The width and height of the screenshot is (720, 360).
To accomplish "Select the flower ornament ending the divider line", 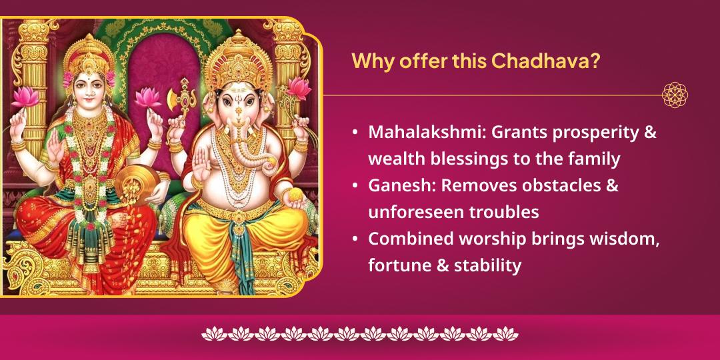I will pos(674,95).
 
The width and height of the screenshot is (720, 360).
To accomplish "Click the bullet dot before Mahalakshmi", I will pos(356,133).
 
